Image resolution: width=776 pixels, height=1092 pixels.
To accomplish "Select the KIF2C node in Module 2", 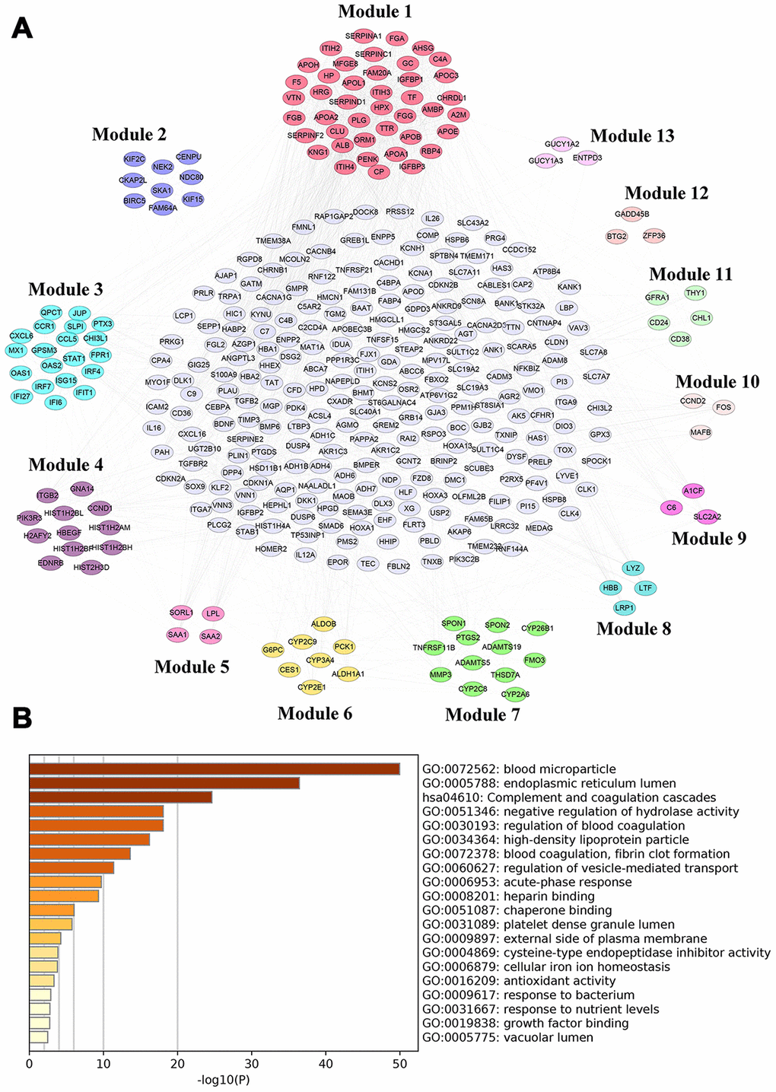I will tap(134, 159).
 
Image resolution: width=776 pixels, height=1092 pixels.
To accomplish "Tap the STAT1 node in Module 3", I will tap(74, 358).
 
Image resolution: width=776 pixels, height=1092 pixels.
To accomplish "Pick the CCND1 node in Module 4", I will tap(100, 508).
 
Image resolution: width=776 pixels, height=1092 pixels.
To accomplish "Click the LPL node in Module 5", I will tap(213, 613).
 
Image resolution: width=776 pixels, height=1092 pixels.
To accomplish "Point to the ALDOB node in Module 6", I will tap(323, 624).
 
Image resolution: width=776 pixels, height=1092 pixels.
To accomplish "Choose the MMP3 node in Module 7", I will tap(440, 674).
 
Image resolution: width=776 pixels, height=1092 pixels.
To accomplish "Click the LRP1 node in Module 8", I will tap(624, 608).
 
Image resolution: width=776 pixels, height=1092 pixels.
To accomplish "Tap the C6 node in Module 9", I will tap(671, 507).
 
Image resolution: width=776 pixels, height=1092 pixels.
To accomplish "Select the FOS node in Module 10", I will tap(723, 407).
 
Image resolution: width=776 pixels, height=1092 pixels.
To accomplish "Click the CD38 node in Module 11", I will tap(679, 339).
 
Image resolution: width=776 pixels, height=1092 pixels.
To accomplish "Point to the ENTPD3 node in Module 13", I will tap(587, 158).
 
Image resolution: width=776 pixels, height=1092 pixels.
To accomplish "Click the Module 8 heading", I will tap(634, 629).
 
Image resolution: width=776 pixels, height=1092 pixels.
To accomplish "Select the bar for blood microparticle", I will tap(215, 769).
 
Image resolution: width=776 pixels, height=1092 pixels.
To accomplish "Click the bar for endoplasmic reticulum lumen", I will tap(164, 783).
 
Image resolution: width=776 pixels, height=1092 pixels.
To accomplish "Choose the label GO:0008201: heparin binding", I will tap(508, 896).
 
